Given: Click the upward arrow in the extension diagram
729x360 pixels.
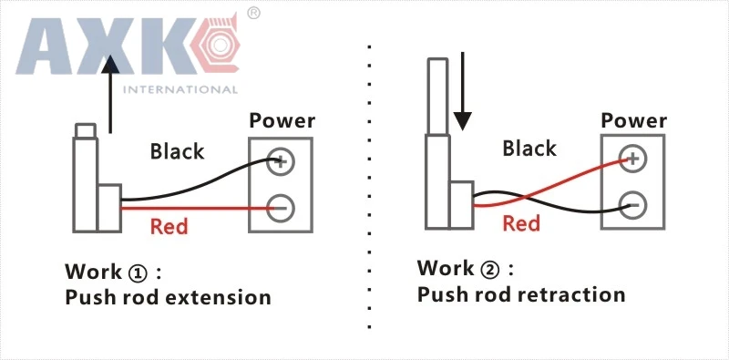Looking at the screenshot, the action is (110, 95).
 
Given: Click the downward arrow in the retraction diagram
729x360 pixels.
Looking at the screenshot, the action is (463, 91).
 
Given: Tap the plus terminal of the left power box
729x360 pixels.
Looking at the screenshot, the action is (281, 162).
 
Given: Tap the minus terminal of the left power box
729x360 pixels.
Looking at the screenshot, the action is (281, 208).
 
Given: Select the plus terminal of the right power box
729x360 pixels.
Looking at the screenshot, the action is (632, 159).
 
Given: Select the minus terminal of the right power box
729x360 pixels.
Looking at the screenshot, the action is (632, 205).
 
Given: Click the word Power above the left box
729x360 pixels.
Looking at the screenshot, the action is (282, 120).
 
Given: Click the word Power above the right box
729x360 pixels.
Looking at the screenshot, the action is (634, 120).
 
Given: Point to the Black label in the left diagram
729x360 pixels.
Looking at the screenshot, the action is (177, 151).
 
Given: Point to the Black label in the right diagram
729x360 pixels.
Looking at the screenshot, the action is (529, 149).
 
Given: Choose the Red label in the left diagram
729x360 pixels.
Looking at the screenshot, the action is (169, 227).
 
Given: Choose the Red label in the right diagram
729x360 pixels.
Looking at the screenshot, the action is (521, 223).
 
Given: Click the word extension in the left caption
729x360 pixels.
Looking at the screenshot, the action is (219, 297).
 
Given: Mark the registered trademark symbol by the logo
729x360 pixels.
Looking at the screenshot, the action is (253, 13).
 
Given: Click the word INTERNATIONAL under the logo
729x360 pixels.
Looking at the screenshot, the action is (180, 89).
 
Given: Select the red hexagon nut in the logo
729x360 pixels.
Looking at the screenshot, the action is (216, 45).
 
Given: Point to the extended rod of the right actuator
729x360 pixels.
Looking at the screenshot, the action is (437, 97).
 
